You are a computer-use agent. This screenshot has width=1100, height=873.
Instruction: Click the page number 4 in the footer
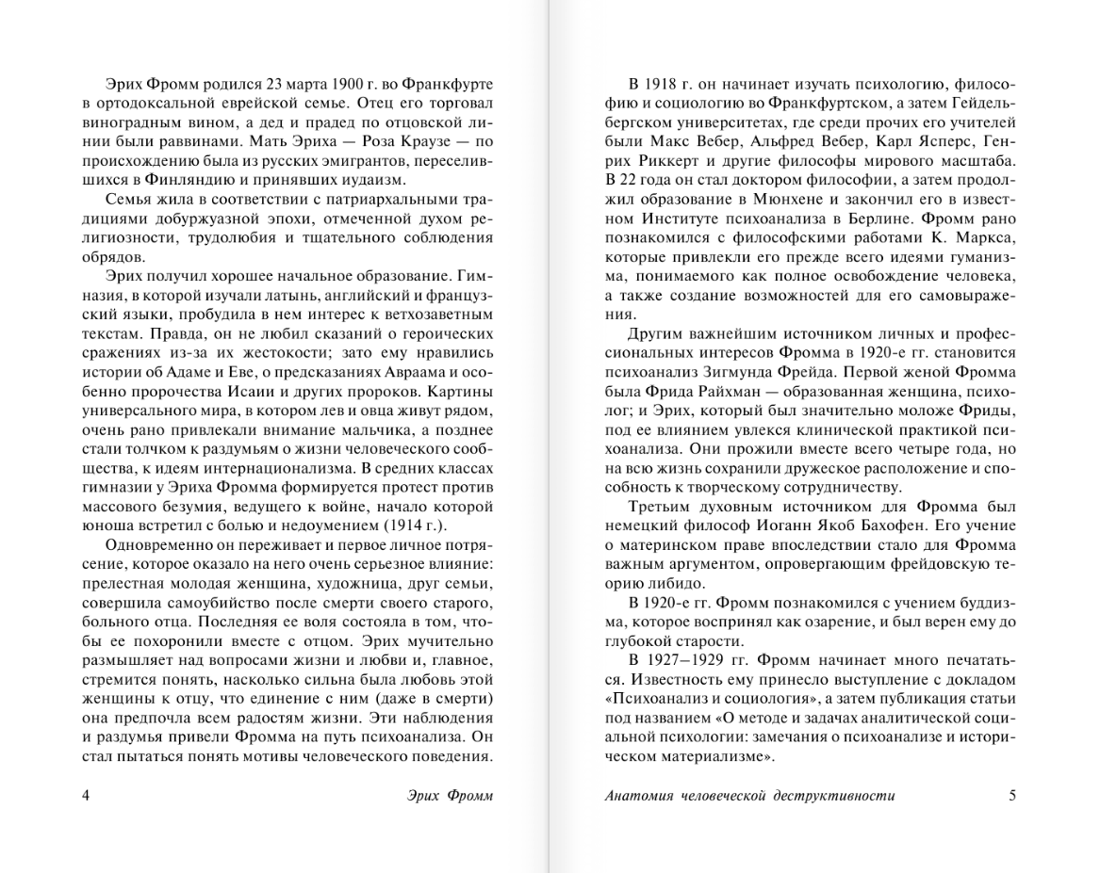[87, 795]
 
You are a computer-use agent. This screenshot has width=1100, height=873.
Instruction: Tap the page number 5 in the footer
[1012, 795]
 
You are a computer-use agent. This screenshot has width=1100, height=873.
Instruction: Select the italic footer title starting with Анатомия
[749, 795]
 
